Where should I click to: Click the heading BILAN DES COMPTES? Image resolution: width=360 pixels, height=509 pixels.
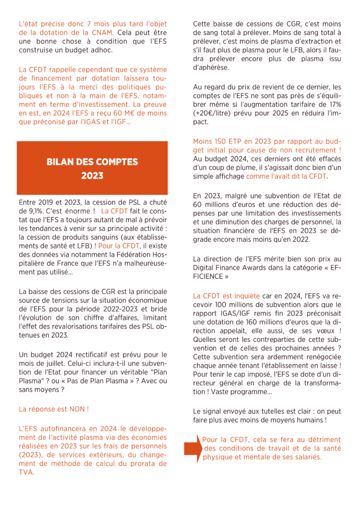click(92, 162)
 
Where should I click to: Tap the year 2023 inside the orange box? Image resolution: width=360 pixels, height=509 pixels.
click(92, 175)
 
